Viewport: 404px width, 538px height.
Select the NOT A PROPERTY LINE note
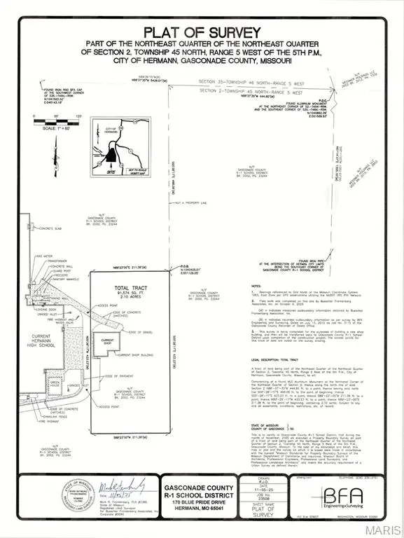point(197,203)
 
